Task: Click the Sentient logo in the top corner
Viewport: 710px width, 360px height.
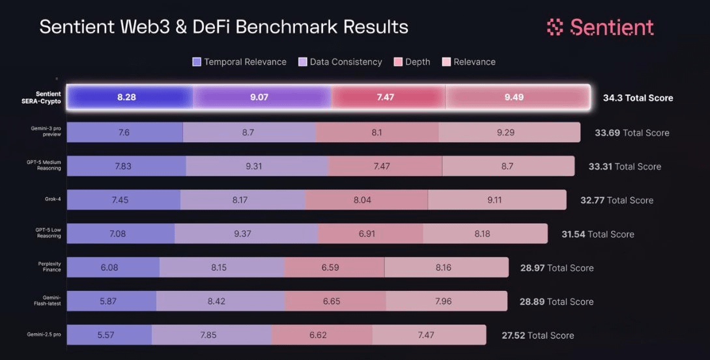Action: tap(600, 27)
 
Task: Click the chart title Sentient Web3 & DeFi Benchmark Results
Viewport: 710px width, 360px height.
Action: tap(223, 27)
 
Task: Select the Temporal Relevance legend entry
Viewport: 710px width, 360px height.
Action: tap(239, 62)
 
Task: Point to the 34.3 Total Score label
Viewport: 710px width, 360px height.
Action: tap(638, 98)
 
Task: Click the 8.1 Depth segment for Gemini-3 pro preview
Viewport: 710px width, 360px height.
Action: tap(376, 132)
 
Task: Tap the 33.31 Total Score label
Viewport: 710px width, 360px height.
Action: tap(624, 167)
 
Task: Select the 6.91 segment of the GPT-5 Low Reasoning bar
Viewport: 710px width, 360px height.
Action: tap(370, 234)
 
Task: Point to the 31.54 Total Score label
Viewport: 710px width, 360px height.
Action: tap(597, 234)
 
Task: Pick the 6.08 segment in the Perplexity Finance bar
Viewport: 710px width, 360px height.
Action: tap(113, 268)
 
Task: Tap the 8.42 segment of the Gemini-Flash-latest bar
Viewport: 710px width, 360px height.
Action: tap(220, 301)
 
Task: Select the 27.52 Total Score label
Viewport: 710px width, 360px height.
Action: tap(537, 336)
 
